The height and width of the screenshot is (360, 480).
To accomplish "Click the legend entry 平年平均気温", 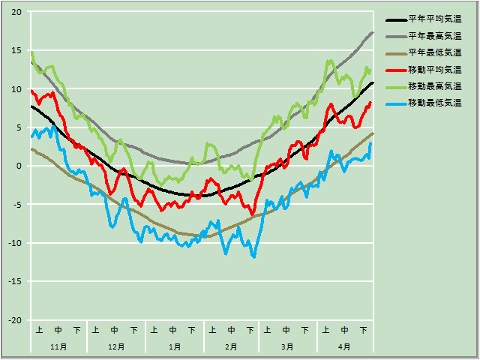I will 434,19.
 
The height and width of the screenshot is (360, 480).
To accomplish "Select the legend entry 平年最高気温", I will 434,36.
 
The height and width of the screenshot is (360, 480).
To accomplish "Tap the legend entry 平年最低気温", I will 434,52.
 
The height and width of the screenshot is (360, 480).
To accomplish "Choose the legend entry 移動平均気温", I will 434,69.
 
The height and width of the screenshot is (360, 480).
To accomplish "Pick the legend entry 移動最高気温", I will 434,85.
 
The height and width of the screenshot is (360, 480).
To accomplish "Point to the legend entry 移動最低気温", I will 434,102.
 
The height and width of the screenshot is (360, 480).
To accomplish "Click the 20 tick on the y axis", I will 16,13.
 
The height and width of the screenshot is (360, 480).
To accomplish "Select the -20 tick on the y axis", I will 15,320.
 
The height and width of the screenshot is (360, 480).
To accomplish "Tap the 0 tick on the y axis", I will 19,166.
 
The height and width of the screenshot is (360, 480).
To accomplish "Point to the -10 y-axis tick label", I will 15,244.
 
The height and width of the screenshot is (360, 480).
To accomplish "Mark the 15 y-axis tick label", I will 16,51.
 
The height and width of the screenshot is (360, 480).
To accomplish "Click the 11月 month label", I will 58,346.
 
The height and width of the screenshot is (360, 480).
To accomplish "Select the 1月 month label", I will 174,346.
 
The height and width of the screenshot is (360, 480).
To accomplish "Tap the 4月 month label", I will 344,346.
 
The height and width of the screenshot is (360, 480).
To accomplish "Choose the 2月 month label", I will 231,346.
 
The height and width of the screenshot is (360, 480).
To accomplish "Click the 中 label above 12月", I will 115,329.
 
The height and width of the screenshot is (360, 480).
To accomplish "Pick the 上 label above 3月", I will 268,329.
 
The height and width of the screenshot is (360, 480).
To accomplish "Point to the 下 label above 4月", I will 363,329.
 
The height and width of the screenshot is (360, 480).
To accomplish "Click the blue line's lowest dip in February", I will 254,256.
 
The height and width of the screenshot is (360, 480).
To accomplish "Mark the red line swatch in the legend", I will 395,69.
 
